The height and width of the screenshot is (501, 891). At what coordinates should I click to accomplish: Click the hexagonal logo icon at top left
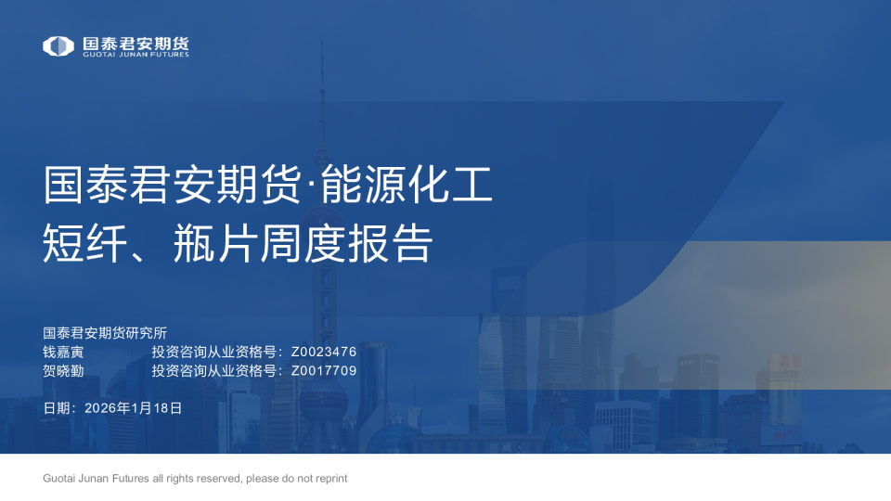pyautogui.click(x=58, y=45)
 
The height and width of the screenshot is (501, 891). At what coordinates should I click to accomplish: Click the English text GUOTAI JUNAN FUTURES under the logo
pyautogui.click(x=136, y=55)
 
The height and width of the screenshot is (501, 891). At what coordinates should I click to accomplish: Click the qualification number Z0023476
pyautogui.click(x=324, y=352)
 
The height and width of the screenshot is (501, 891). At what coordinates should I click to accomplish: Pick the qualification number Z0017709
pyautogui.click(x=324, y=370)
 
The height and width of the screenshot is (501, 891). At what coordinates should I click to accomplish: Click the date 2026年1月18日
pyautogui.click(x=133, y=407)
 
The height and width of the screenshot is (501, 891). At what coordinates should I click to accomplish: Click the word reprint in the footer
pyautogui.click(x=329, y=479)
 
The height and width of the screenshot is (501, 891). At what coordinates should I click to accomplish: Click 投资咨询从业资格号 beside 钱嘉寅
pyautogui.click(x=214, y=352)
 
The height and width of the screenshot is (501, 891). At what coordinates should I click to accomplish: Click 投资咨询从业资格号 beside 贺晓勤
pyautogui.click(x=214, y=370)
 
